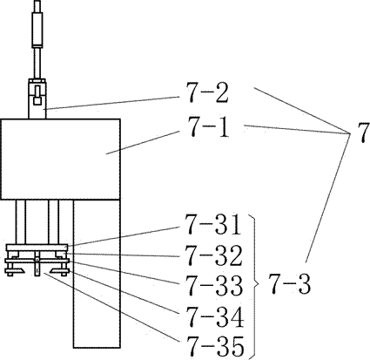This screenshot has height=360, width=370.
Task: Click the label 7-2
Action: point(207,93)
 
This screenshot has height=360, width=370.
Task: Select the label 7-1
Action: point(207,126)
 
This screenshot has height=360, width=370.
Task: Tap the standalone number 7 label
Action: point(363,132)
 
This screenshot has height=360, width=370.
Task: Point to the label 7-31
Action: point(213,224)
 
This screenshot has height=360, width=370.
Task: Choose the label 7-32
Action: point(213,255)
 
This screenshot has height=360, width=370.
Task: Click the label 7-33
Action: point(213,285)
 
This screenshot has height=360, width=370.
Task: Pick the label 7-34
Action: point(214,316)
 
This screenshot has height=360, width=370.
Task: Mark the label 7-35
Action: point(214,346)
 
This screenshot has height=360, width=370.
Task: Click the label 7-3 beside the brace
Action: point(289,284)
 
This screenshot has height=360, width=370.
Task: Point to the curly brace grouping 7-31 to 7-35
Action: point(255,285)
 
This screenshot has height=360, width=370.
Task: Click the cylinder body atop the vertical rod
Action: point(37,29)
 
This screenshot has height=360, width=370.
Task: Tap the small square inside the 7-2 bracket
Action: point(37,101)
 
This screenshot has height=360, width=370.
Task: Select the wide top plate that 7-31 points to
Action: point(37,248)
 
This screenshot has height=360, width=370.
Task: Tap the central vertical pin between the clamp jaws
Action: point(37,263)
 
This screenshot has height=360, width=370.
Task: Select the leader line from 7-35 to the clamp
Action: point(112,308)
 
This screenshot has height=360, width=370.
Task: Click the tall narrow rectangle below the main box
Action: point(97,274)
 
